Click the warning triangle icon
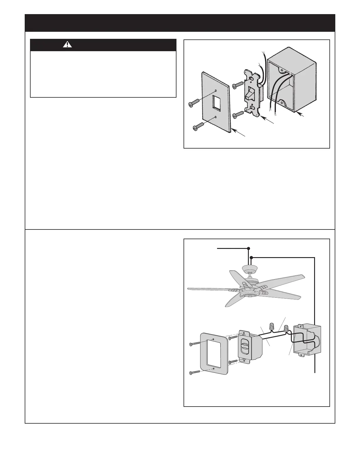pos(68,45)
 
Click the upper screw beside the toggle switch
pos(238,86)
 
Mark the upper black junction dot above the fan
pos(249,248)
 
